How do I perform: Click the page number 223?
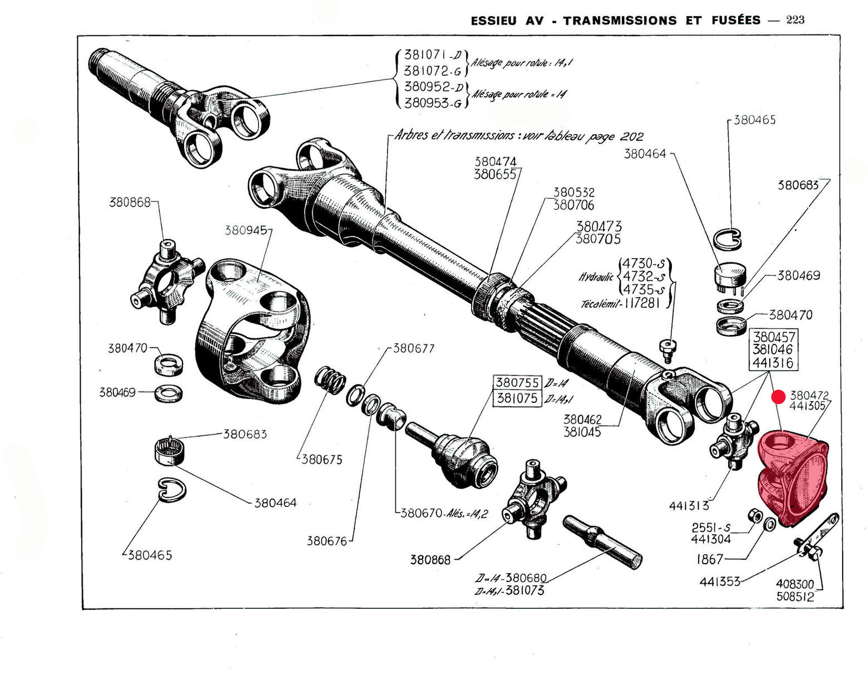tap(795, 20)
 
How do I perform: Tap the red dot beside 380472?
tap(778, 397)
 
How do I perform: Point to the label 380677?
tap(414, 349)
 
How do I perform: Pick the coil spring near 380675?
tap(330, 379)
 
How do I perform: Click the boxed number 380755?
tap(518, 382)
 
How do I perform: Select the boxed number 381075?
tap(518, 399)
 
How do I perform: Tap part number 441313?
tap(689, 506)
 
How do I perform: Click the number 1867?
tap(709, 559)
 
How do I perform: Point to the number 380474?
tap(495, 161)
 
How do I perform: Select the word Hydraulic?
tap(596, 277)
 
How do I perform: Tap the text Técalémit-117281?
tap(626, 304)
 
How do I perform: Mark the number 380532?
tap(574, 192)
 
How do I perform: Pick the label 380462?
tap(582, 420)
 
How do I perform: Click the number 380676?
tap(327, 541)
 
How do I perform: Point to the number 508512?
tap(795, 597)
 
